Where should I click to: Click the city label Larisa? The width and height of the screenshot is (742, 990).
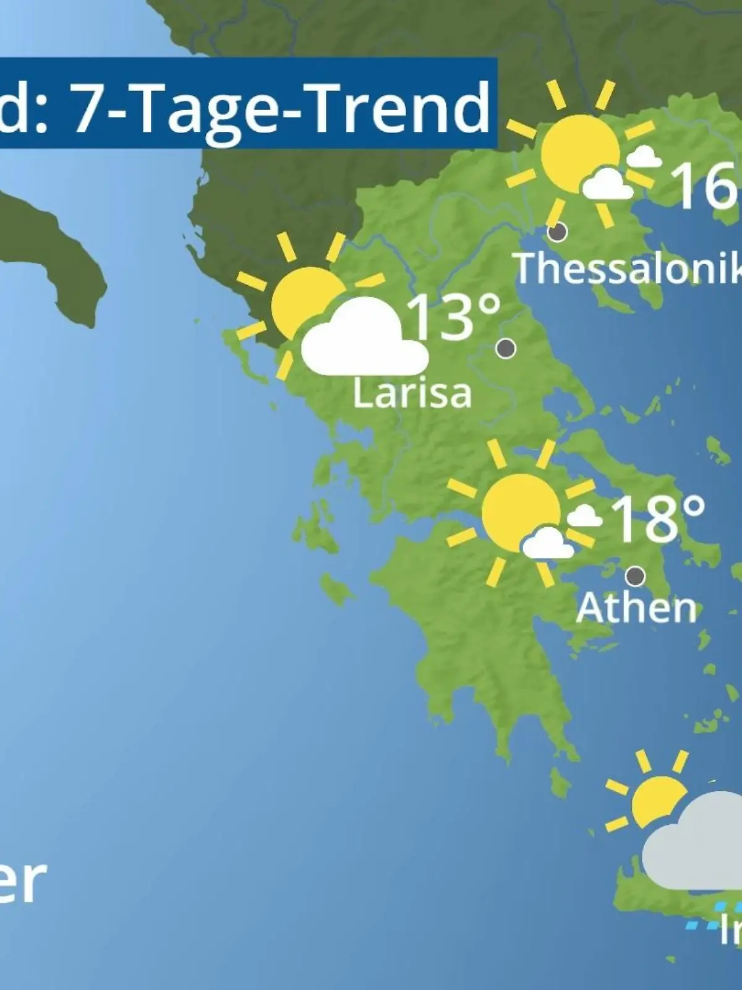pyautogui.click(x=412, y=393)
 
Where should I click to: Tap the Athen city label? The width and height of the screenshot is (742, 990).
pyautogui.click(x=636, y=608)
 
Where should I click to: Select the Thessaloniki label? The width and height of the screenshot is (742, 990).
pyautogui.click(x=628, y=268)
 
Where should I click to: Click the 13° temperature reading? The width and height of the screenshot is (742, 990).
pyautogui.click(x=453, y=317)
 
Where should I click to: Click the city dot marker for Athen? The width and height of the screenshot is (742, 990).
pyautogui.click(x=635, y=576)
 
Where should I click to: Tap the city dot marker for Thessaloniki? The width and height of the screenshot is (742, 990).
pyautogui.click(x=558, y=232)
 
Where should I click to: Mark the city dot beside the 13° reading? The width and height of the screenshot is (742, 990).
pyautogui.click(x=506, y=348)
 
